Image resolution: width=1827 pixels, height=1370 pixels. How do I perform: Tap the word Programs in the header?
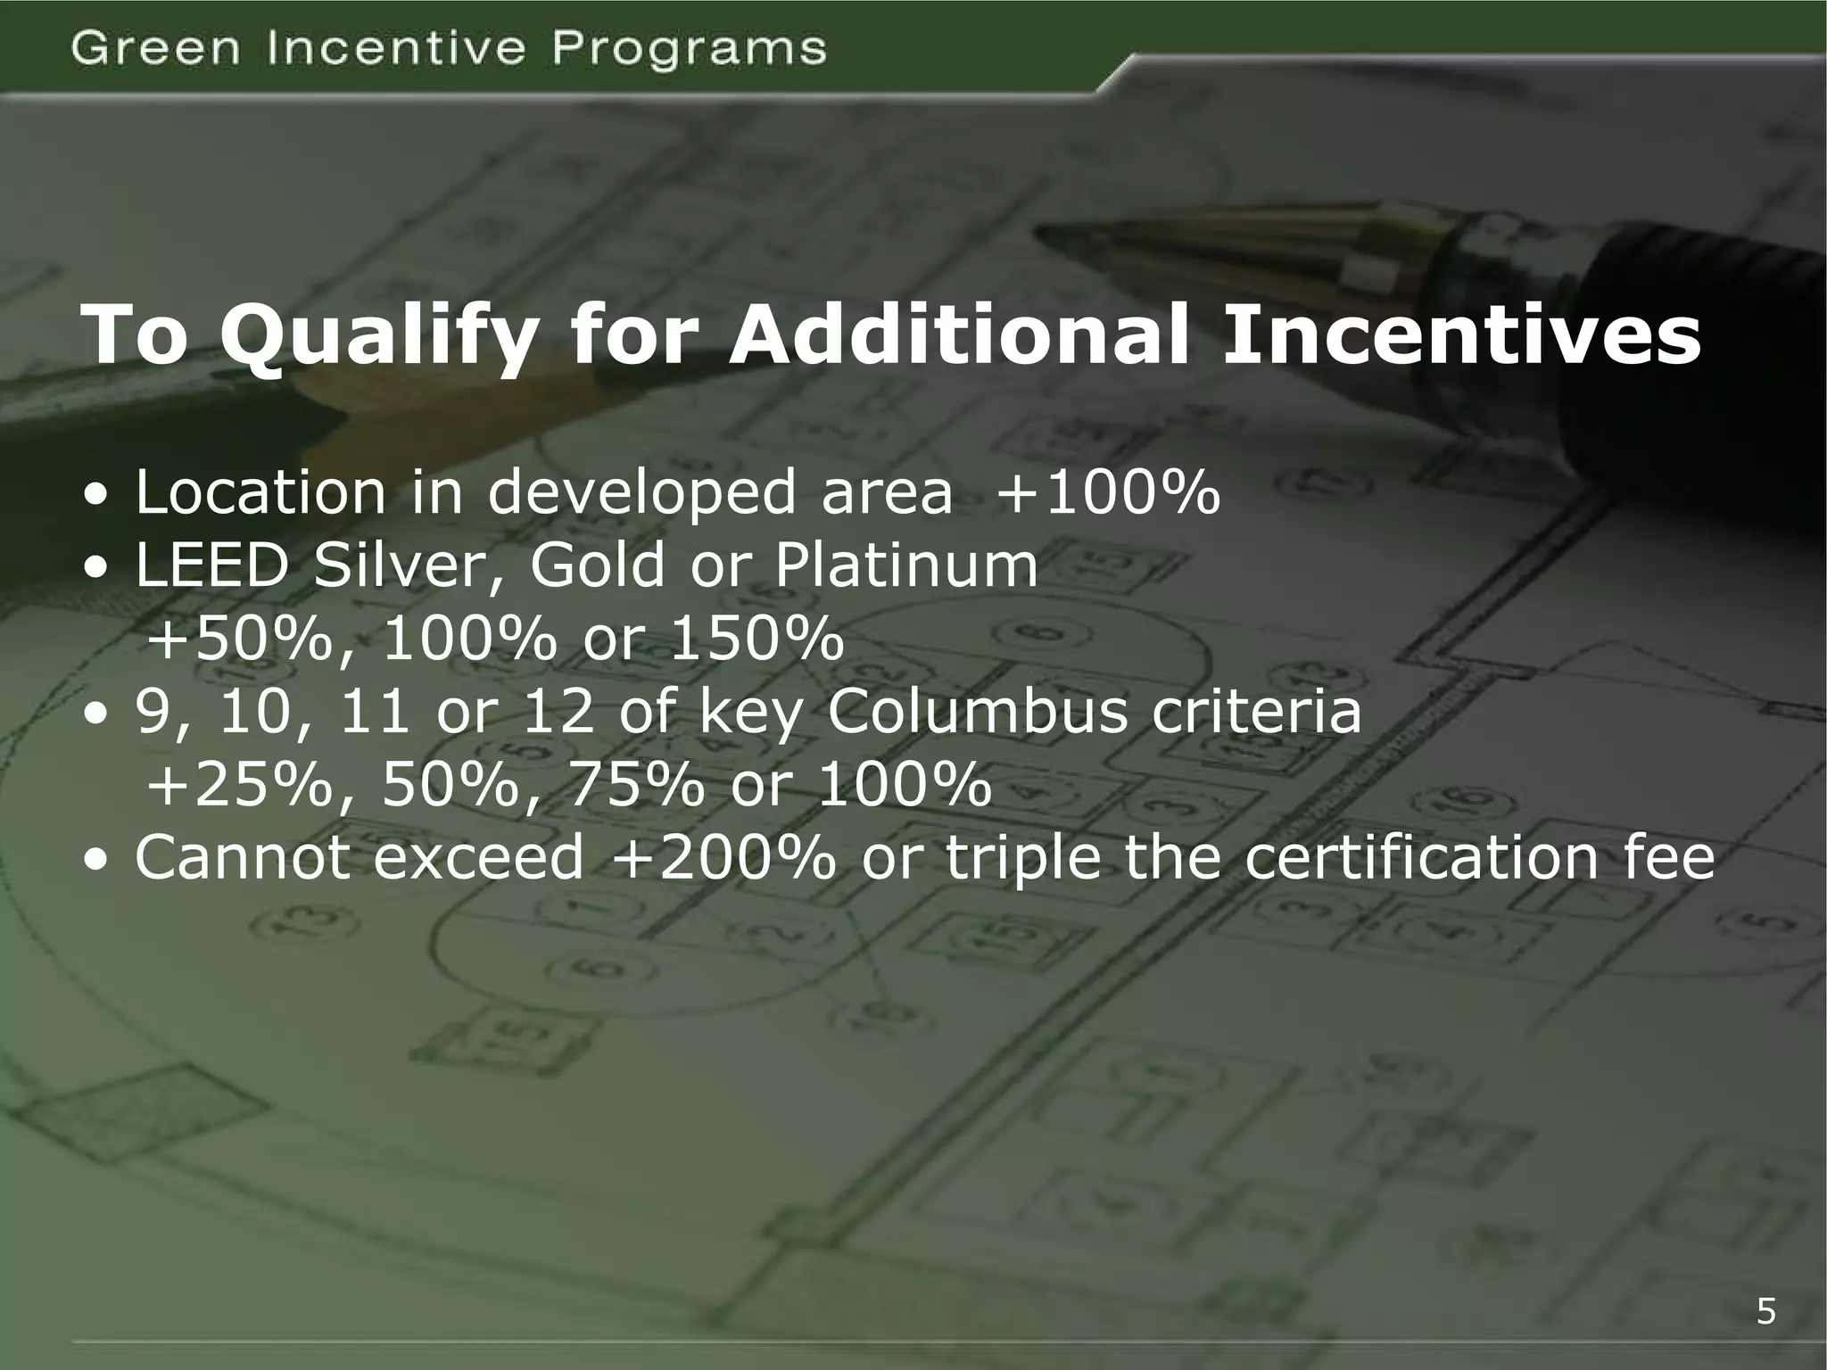[689, 50]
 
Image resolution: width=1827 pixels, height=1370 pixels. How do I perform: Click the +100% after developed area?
[1107, 492]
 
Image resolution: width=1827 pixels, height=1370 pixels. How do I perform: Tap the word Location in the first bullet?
[260, 492]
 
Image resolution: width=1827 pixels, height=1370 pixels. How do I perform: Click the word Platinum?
[905, 565]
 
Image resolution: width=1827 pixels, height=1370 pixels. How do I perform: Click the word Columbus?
[978, 712]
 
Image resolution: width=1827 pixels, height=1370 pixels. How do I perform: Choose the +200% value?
[725, 858]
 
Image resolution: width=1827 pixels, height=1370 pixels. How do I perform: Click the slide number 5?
[1765, 1312]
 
